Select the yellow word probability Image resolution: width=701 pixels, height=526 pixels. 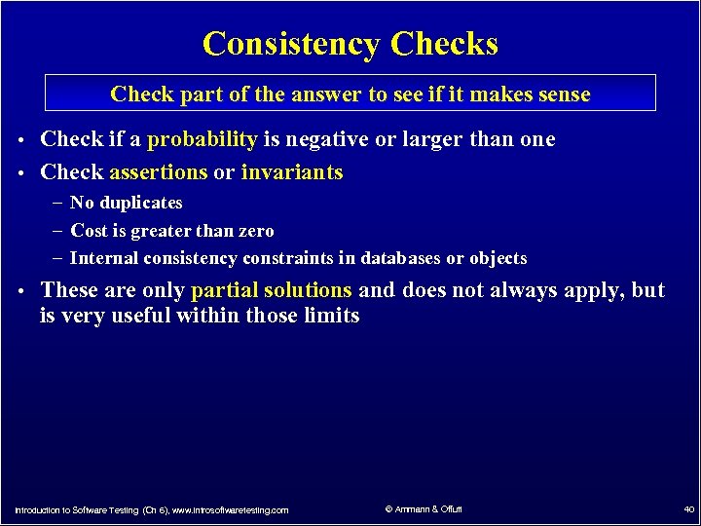(202, 139)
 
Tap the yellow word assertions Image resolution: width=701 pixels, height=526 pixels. (159, 172)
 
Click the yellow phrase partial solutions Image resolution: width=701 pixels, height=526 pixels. (272, 290)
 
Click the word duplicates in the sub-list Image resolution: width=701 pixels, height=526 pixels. (140, 203)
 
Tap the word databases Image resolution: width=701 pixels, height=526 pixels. (400, 258)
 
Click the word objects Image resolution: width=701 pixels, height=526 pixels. (498, 258)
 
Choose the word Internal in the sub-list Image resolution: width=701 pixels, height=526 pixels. (104, 258)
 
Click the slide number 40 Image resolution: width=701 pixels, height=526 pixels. (687, 509)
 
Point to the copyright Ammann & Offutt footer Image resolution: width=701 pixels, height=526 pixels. (424, 509)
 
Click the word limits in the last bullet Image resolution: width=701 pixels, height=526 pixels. (332, 316)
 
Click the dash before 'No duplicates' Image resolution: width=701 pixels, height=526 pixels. (58, 203)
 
